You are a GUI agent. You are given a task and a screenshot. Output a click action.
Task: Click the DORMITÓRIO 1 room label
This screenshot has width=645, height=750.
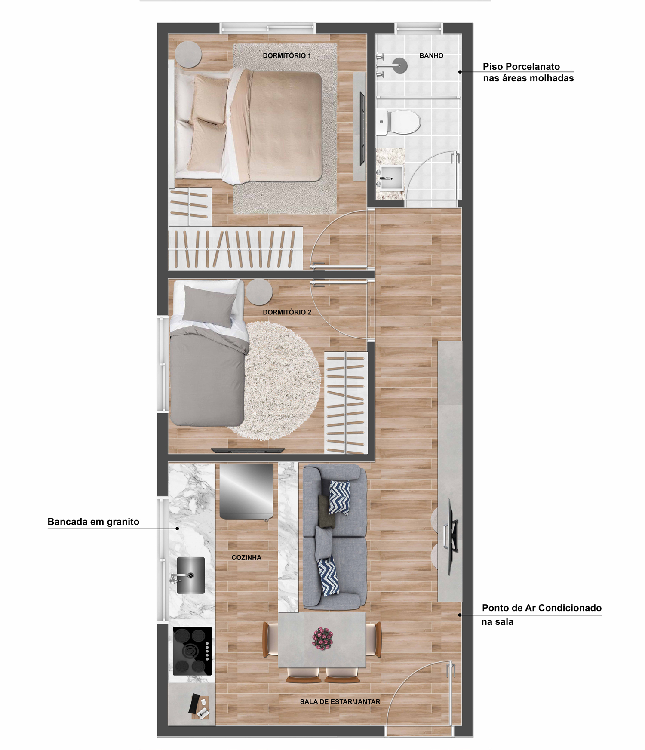pyautogui.click(x=287, y=55)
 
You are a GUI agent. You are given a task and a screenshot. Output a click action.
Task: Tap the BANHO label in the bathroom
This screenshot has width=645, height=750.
pyautogui.click(x=431, y=55)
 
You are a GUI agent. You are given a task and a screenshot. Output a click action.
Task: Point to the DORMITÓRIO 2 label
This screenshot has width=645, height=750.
pyautogui.click(x=287, y=312)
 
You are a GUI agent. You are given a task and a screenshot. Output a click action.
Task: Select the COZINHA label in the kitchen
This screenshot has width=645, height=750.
pyautogui.click(x=246, y=557)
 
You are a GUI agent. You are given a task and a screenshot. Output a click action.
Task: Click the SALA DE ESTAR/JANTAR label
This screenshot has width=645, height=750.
pyautogui.click(x=340, y=701)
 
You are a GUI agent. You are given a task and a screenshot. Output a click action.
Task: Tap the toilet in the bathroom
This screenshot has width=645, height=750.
pyautogui.click(x=399, y=122)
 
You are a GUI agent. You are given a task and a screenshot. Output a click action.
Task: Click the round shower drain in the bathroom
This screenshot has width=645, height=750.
pyautogui.click(x=400, y=65)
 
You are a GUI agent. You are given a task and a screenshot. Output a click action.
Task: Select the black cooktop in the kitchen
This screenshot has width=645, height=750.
pyautogui.click(x=192, y=651)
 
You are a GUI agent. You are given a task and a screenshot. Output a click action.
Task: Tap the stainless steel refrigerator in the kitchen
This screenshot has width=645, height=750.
pyautogui.click(x=246, y=492)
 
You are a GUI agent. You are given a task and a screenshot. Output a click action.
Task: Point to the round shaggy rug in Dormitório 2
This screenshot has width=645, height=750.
pyautogui.click(x=279, y=381)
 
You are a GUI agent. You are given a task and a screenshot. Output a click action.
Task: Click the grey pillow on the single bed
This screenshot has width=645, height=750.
pyautogui.click(x=209, y=304)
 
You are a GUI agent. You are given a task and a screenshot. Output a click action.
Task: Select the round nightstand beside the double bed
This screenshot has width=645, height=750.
pyautogui.click(x=188, y=54)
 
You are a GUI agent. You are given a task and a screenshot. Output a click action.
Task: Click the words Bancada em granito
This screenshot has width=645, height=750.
pyautogui.click(x=93, y=522)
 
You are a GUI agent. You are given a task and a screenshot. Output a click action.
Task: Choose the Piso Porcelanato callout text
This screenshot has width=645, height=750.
pyautogui.click(x=528, y=72)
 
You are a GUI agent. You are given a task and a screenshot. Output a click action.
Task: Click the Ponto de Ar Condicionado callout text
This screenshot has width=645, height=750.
pyautogui.click(x=541, y=615)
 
